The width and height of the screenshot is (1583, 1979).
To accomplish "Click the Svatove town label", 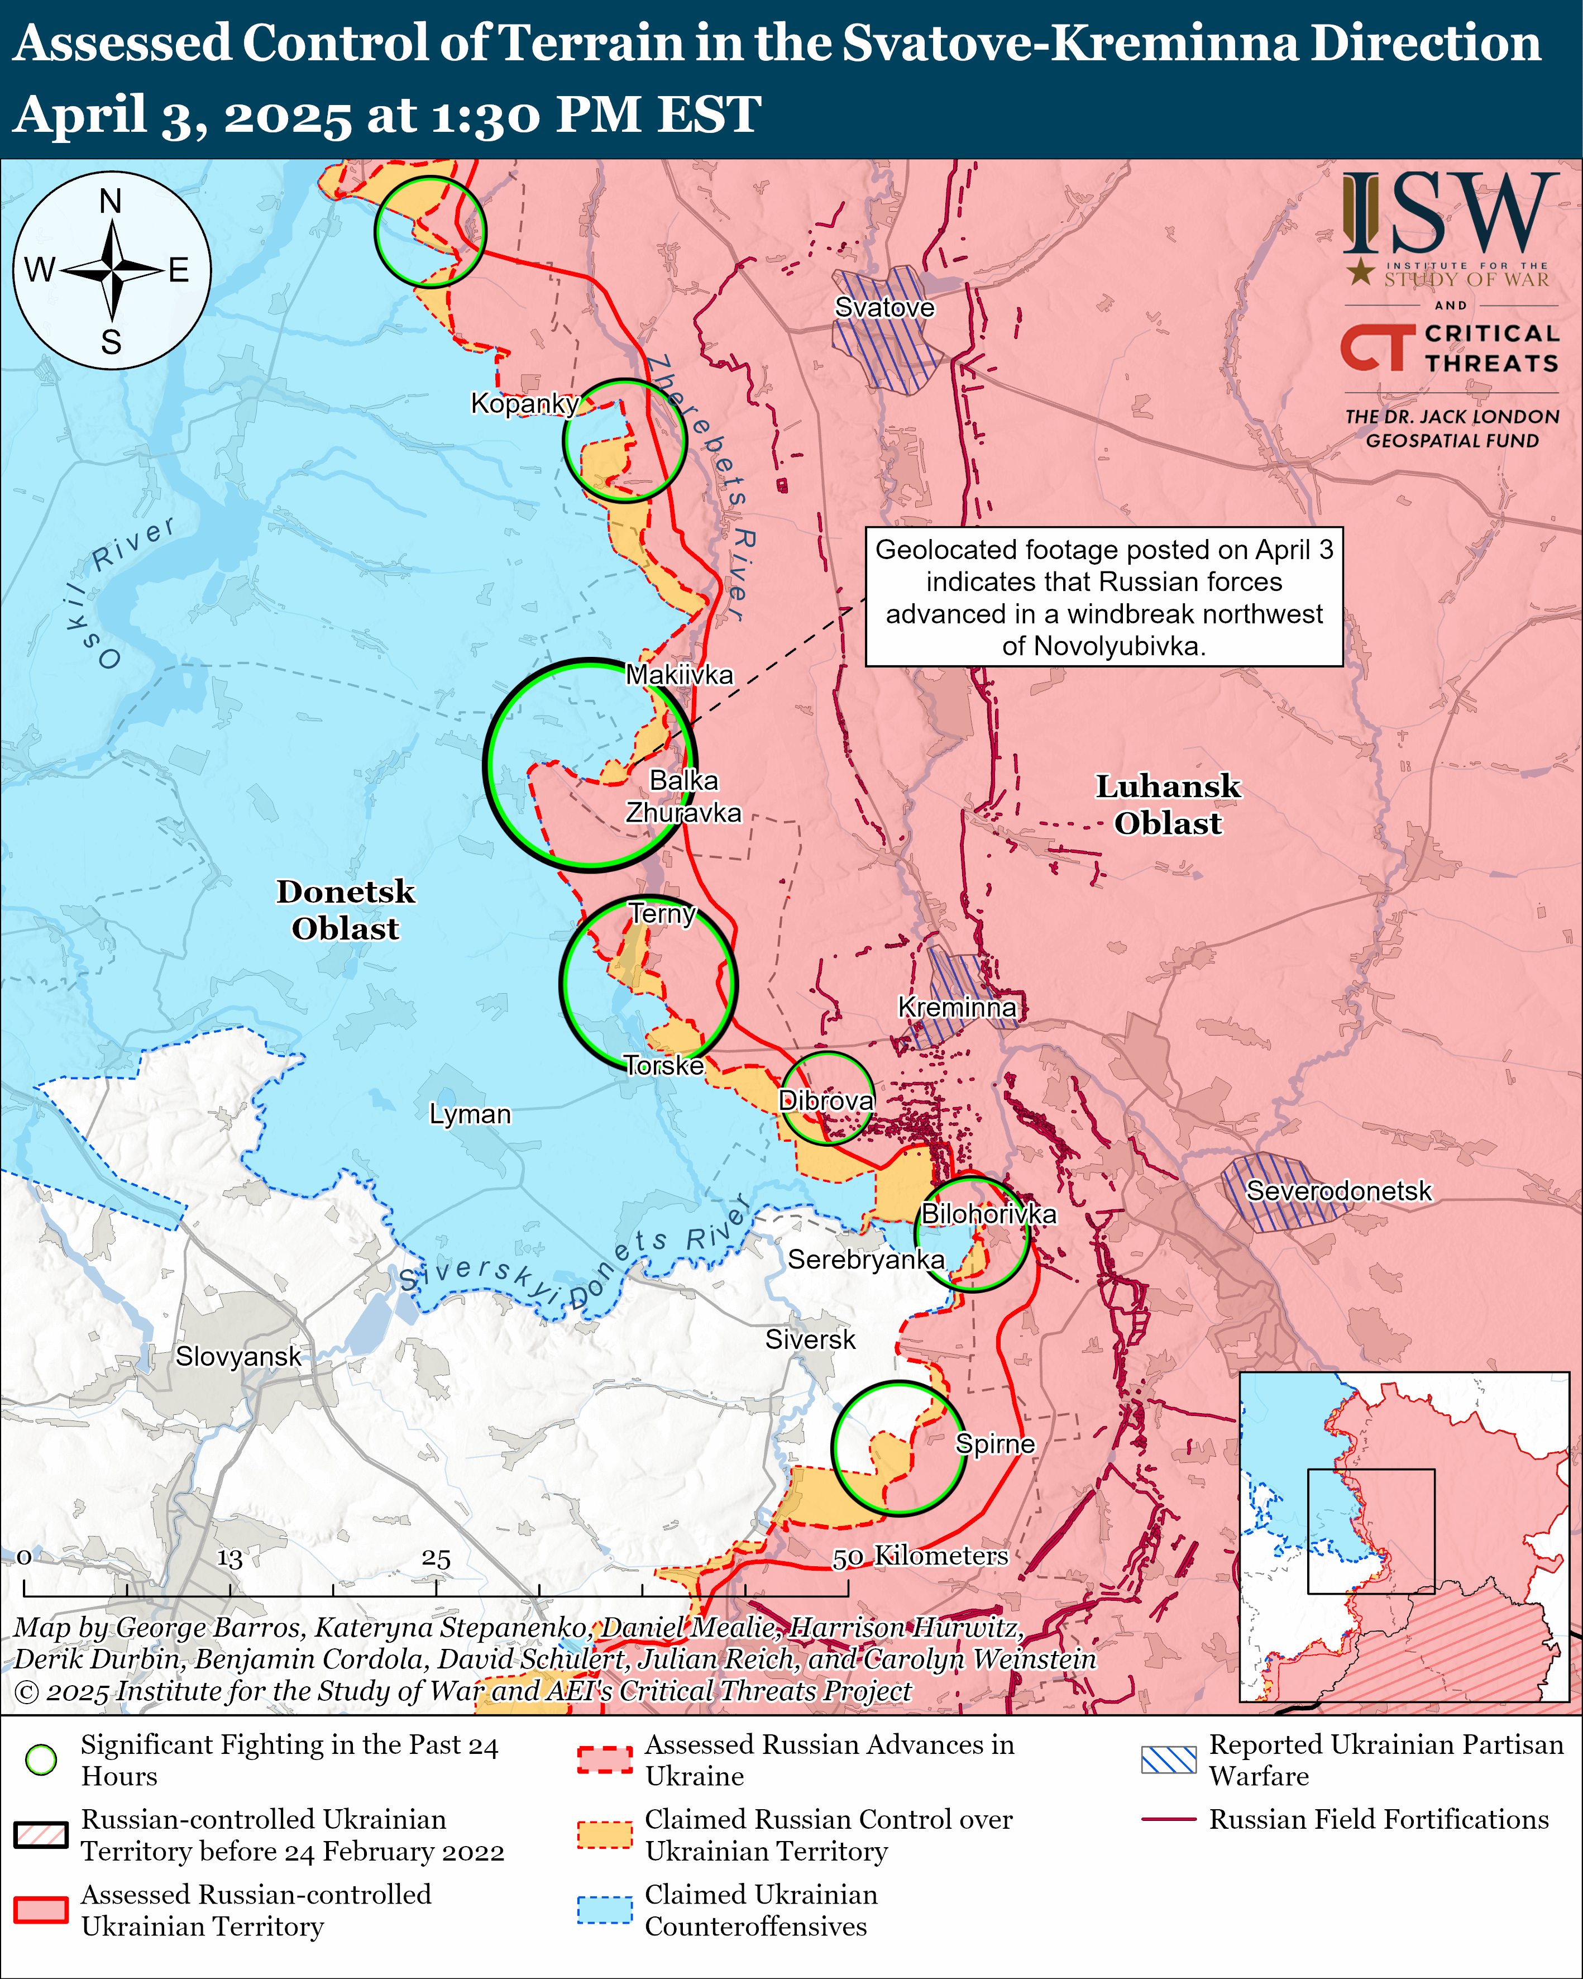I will (884, 308).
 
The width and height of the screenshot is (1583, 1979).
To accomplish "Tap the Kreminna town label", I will (957, 1007).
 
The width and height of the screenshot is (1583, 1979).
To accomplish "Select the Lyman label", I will (470, 1114).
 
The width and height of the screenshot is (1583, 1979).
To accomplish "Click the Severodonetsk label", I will (1338, 1190).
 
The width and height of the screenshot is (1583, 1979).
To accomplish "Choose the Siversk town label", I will (810, 1339).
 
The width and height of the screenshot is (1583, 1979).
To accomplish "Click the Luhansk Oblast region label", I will (1168, 804).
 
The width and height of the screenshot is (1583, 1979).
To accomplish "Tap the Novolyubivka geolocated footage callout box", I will (1104, 597).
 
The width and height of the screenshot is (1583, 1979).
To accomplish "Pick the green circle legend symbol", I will (41, 1759).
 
